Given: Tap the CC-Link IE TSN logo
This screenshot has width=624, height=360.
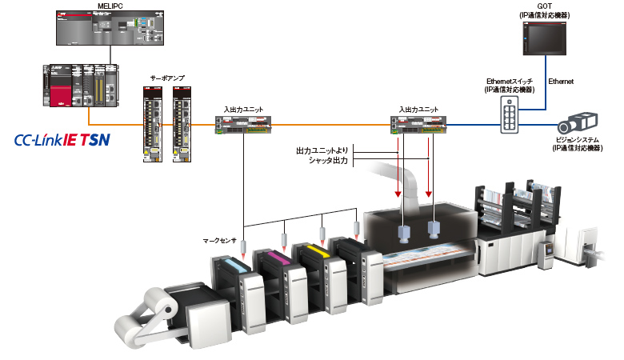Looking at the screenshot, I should pos(62,142).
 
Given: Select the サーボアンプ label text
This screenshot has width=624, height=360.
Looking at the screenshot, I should pos(167,78).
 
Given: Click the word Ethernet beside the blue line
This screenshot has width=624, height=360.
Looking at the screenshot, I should pos(561,82).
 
